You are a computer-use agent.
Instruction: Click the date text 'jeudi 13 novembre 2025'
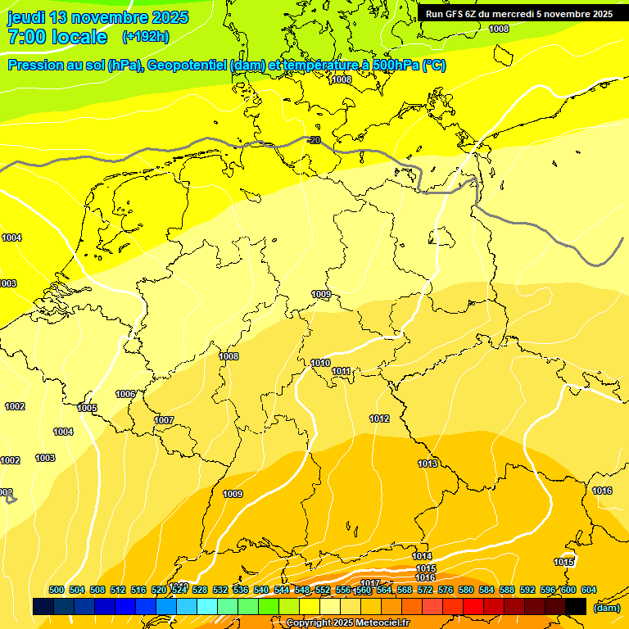[97, 17]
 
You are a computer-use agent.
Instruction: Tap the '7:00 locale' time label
[57, 37]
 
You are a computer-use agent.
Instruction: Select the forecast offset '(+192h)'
[146, 37]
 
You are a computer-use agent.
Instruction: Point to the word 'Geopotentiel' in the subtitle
[188, 66]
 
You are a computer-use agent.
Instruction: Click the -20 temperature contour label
[314, 141]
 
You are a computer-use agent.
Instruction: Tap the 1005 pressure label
[87, 408]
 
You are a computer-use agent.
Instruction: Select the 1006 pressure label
[125, 394]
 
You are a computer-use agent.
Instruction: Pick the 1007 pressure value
[164, 420]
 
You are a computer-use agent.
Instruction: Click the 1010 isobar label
[320, 363]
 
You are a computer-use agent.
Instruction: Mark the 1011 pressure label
[342, 372]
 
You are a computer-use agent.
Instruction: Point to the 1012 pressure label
[379, 419]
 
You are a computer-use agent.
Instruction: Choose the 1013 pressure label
[428, 464]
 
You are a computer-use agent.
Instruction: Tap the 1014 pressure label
[422, 557]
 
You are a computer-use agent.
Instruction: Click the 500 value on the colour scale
[57, 590]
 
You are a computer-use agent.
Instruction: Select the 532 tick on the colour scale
[220, 590]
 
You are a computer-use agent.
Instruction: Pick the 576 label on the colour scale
[446, 590]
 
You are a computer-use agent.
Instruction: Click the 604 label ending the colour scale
[588, 590]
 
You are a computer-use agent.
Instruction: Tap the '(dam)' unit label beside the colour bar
[606, 607]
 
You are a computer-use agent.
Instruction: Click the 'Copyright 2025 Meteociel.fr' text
[346, 622]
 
